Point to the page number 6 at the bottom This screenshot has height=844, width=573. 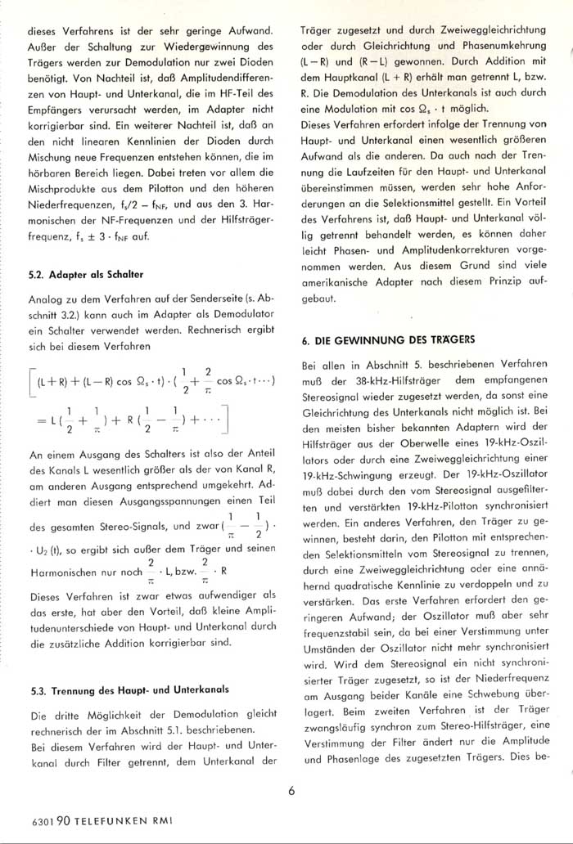[x=292, y=788]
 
